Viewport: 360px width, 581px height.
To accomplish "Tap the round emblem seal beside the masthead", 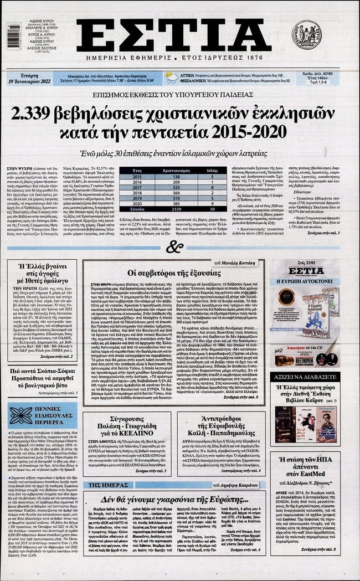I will click(306, 34).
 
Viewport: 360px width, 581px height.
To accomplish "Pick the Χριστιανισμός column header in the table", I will click(177, 170).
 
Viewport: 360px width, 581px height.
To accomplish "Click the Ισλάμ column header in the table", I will click(213, 170).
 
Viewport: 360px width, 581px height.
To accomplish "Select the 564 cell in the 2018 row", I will click(177, 193).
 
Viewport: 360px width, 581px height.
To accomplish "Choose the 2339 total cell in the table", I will click(177, 210).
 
